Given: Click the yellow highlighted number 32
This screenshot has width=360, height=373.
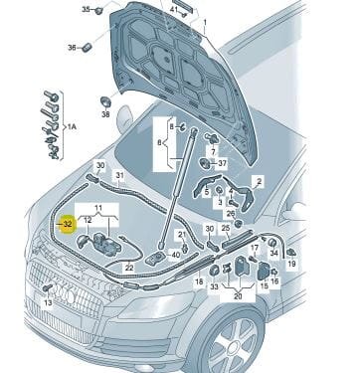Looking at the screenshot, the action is pyautogui.click(x=68, y=224).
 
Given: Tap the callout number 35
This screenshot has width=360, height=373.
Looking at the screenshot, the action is pyautogui.click(x=86, y=9).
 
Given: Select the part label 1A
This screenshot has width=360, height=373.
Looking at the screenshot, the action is pyautogui.click(x=72, y=126).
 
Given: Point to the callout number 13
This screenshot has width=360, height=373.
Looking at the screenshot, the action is pyautogui.click(x=48, y=302).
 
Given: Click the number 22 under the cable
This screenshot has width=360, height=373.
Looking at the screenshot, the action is pyautogui.click(x=129, y=267).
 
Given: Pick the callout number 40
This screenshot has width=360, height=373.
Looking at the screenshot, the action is pyautogui.click(x=176, y=256).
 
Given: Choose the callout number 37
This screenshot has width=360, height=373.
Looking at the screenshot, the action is pyautogui.click(x=223, y=163).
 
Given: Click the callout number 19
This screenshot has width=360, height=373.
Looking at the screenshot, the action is pyautogui.click(x=291, y=264).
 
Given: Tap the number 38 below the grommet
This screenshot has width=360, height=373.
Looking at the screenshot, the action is pyautogui.click(x=105, y=114).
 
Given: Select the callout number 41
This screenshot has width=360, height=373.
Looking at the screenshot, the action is pyautogui.click(x=175, y=10).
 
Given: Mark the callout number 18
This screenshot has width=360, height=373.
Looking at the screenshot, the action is pyautogui.click(x=199, y=281).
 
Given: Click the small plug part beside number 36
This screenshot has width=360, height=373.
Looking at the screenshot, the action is pyautogui.click(x=87, y=47).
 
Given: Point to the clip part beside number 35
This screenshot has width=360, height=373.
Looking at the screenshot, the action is pyautogui.click(x=98, y=11).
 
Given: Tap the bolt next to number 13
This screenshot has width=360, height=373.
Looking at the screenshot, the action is pyautogui.click(x=48, y=287).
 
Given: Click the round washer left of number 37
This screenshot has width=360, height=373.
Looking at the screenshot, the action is pyautogui.click(x=205, y=163).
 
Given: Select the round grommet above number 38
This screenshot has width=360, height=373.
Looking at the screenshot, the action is pyautogui.click(x=105, y=101).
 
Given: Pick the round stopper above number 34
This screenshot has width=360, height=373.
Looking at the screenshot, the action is pyautogui.click(x=272, y=243).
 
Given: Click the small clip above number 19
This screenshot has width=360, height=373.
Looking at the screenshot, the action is pyautogui.click(x=291, y=253).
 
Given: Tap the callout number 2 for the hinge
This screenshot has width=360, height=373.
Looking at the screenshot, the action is pyautogui.click(x=260, y=181).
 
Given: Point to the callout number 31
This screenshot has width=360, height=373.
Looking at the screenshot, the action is pyautogui.click(x=119, y=175).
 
